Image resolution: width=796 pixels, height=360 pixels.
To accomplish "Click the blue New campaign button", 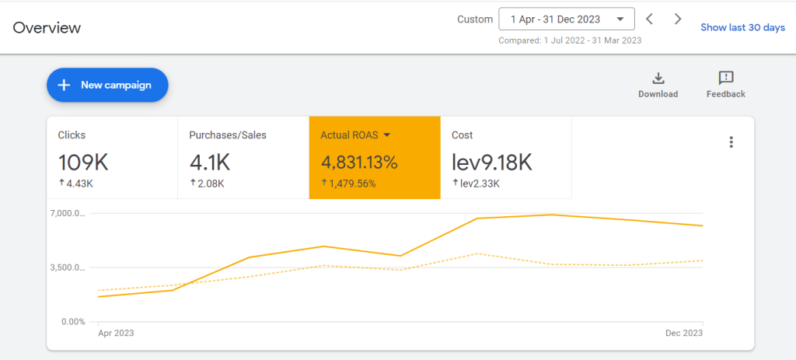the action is (x=107, y=85).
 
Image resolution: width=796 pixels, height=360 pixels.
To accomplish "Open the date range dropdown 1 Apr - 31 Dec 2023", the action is (x=567, y=19).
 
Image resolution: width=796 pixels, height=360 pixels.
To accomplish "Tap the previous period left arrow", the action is (x=649, y=19).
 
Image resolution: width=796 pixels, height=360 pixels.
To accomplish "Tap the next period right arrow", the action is (x=678, y=19).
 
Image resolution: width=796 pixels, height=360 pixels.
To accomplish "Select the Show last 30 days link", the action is (x=742, y=27).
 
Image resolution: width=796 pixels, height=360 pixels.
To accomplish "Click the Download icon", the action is (x=658, y=79).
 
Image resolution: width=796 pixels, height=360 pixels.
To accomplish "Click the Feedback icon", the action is (x=726, y=79).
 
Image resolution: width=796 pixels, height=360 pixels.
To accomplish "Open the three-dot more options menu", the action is (x=731, y=142).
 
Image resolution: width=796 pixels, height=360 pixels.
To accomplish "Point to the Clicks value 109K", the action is (x=83, y=163).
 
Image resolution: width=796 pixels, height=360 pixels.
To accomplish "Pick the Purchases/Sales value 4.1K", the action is (x=209, y=163).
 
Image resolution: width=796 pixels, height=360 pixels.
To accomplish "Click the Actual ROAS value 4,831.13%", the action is (x=359, y=163).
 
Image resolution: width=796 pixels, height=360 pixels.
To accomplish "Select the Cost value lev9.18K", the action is (x=492, y=163).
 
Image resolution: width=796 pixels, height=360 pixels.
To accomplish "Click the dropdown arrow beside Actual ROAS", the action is (x=387, y=135).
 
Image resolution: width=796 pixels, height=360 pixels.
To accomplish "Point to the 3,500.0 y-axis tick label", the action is (x=68, y=267).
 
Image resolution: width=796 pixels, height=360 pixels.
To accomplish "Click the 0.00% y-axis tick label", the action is (x=72, y=321).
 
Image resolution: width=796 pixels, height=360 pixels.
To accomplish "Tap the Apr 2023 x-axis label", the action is (x=115, y=333).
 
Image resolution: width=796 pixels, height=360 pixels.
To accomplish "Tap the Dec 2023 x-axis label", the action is (x=684, y=333).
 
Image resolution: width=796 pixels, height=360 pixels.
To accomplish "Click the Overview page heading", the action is (x=47, y=27).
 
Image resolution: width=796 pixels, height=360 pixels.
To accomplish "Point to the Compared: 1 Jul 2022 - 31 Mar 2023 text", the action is (x=570, y=40).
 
